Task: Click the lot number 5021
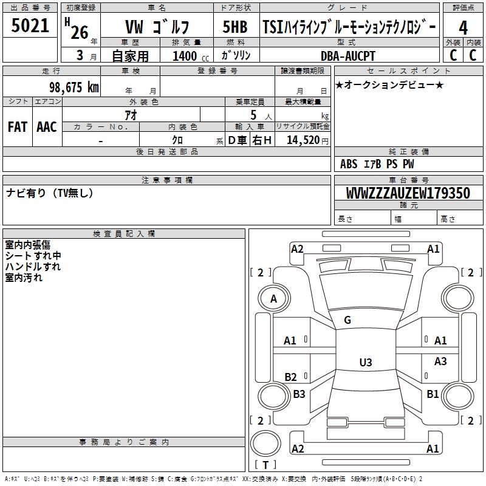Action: pos(30,26)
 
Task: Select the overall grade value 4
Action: pos(463,27)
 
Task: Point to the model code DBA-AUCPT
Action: pos(348,56)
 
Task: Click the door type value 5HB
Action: pos(235,27)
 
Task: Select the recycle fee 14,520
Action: pos(302,140)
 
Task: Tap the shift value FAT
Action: pos(17,127)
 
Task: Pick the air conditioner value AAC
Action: pos(47,127)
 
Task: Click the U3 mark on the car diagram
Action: pos(365,363)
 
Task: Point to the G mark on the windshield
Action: pos(347,320)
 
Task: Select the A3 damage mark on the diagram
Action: pos(440,361)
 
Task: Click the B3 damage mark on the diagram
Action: pos(299,394)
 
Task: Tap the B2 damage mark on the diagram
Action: pos(291,377)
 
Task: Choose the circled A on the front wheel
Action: pos(273,298)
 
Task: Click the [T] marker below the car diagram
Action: pos(265,465)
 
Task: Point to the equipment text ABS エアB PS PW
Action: pos(377,164)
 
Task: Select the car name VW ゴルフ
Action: pos(157,27)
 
